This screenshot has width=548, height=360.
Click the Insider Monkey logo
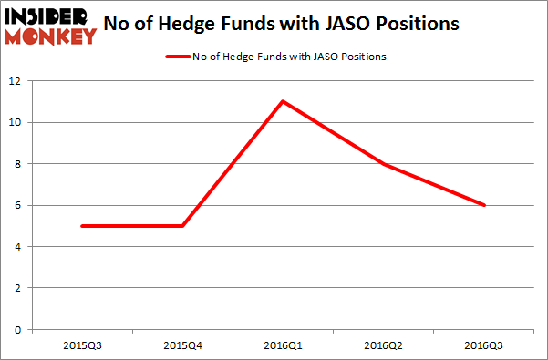(x=49, y=24)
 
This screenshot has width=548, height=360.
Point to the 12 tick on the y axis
(x=18, y=81)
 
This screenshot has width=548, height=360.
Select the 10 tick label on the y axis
(x=18, y=123)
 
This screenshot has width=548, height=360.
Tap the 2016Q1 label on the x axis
(x=283, y=346)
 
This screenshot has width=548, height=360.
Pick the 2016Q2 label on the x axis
(x=384, y=346)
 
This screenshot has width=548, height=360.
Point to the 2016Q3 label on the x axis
(x=485, y=346)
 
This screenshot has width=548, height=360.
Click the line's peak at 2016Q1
(x=283, y=101)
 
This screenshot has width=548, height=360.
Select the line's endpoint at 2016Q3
(x=485, y=205)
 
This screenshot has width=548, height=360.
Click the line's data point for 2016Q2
(x=384, y=164)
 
